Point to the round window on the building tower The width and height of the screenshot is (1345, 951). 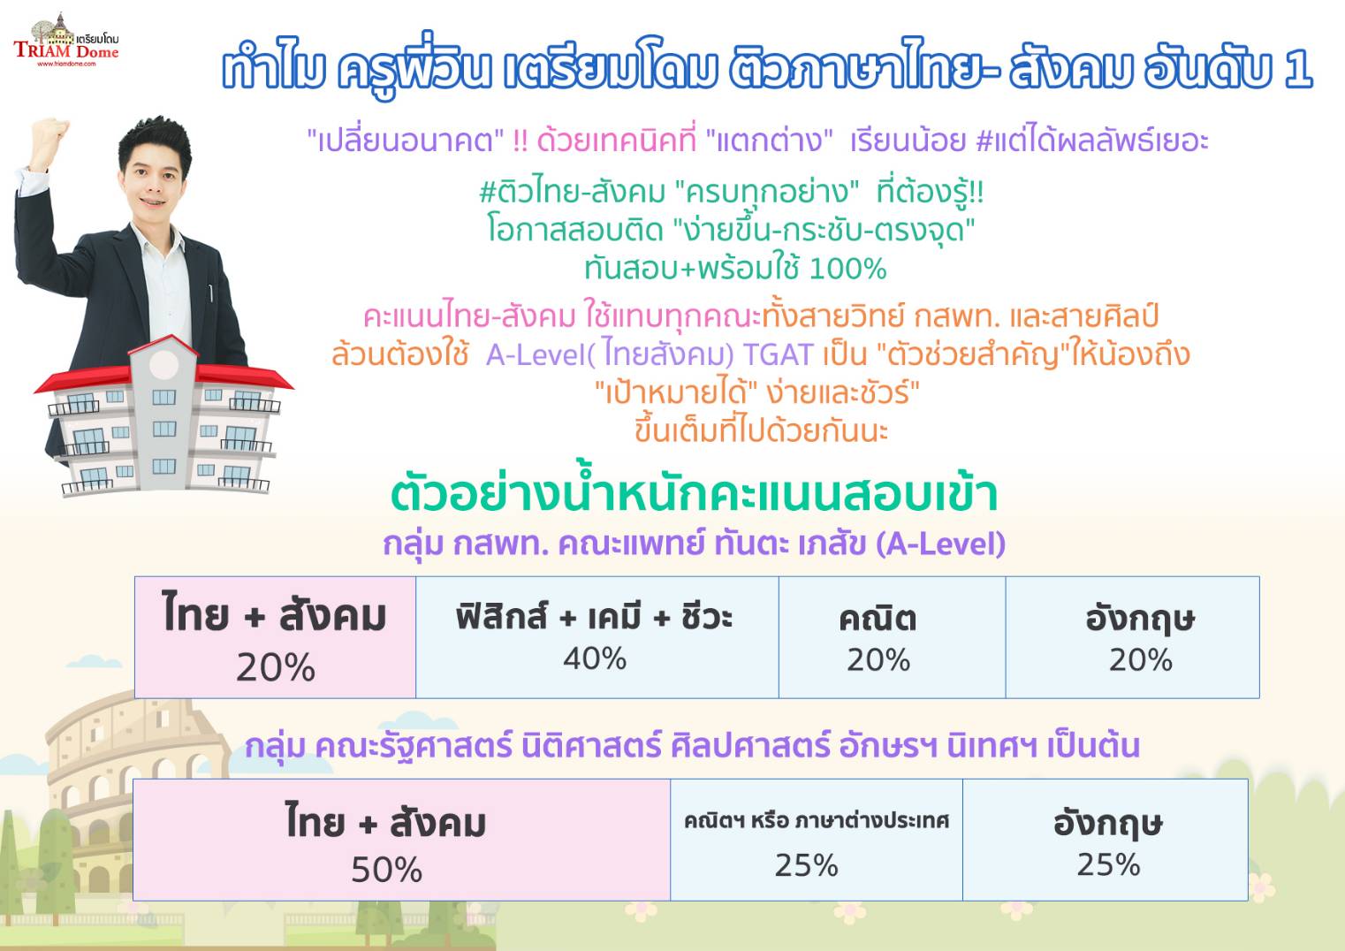(163, 364)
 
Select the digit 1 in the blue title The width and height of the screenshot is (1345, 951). (1298, 70)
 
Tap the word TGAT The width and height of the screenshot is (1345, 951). (779, 354)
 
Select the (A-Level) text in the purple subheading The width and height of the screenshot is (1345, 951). (940, 544)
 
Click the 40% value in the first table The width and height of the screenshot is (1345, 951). (595, 658)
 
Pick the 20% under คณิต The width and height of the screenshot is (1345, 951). (878, 660)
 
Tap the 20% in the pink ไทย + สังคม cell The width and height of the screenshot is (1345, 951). (276, 667)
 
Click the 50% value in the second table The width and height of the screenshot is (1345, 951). (387, 870)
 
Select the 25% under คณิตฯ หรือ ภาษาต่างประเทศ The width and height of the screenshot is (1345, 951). (806, 866)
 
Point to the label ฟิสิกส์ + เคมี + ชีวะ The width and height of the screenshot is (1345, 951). (595, 617)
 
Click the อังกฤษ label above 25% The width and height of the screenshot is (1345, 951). (1108, 824)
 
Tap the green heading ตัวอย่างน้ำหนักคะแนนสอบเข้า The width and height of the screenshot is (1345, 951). (694, 493)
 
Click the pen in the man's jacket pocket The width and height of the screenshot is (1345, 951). (210, 293)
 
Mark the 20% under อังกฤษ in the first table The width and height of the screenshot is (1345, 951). (1140, 660)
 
